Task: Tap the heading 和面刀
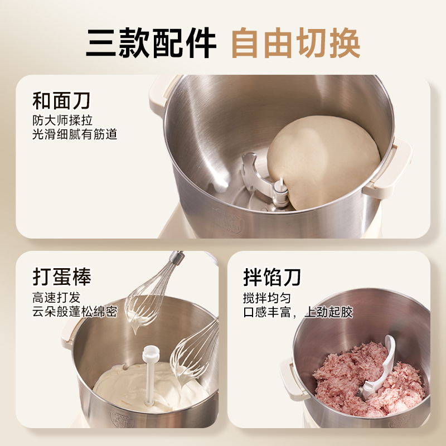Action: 61,101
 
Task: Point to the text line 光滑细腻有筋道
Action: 75,134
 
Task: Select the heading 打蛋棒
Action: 61,277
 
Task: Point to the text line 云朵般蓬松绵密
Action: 75,312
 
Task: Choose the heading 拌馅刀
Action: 272,277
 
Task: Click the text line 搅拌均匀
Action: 266,298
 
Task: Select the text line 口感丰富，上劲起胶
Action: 298,312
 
